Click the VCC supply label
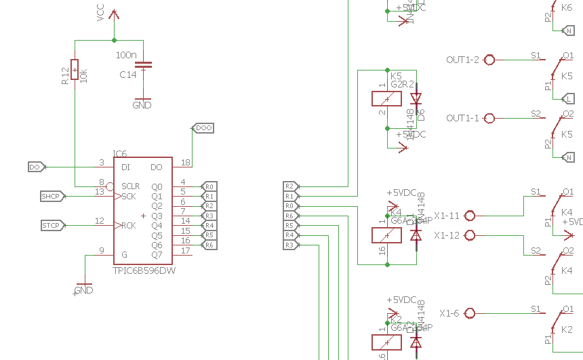click(101, 13)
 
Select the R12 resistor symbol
click(75, 68)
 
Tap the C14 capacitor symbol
click(143, 65)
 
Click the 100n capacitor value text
click(126, 55)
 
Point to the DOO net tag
click(203, 127)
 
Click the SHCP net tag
click(52, 196)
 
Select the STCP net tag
click(52, 225)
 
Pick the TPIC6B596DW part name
click(144, 270)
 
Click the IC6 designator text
click(119, 155)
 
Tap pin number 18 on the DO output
click(185, 163)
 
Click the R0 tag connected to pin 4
click(209, 186)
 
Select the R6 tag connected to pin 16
click(209, 245)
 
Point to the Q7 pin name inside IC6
click(157, 255)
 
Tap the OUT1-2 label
click(462, 60)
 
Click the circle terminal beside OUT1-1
click(489, 118)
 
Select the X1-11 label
click(447, 216)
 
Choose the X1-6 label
click(449, 313)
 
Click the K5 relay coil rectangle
click(386, 98)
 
